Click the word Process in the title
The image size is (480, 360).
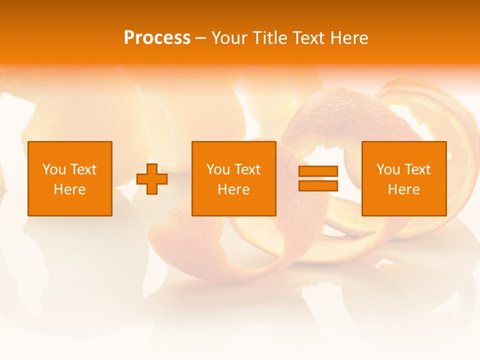tap(157, 38)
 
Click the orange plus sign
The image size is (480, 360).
tap(152, 178)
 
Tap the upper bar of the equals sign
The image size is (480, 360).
tap(318, 171)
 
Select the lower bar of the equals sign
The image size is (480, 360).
tap(318, 185)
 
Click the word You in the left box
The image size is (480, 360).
tap(54, 169)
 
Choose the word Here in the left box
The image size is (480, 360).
tap(69, 189)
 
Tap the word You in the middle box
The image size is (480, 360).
tap(218, 169)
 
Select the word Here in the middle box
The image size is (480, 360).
tap(233, 189)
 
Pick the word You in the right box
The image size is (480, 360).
tap(388, 169)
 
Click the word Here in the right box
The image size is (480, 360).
tap(403, 189)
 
